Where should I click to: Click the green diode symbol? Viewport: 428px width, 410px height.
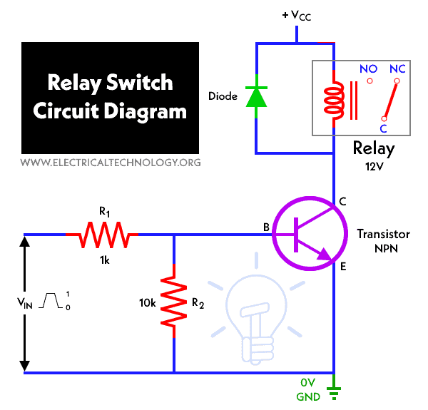point(256,96)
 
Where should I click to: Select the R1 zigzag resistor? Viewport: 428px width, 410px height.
point(102,233)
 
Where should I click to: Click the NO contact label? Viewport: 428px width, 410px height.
point(368,69)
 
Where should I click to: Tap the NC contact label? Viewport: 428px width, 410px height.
point(397,69)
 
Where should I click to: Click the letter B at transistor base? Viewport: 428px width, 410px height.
point(266,227)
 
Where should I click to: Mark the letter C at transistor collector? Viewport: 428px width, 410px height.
point(343,202)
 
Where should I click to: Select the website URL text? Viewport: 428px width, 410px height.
point(111,163)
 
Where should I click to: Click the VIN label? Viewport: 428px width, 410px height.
point(26,302)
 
